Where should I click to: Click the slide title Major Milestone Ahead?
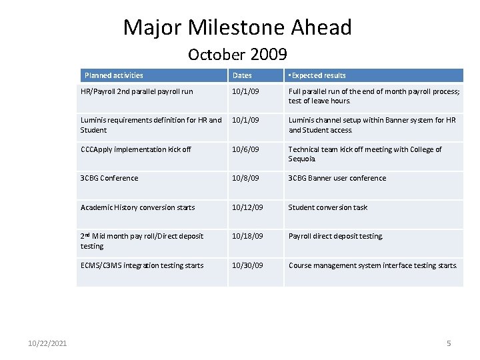[x=237, y=28]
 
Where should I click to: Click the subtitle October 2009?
[x=237, y=54]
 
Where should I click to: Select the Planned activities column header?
[x=113, y=76]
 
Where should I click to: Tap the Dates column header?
[x=242, y=76]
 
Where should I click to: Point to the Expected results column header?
[x=317, y=76]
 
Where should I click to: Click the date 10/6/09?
[x=245, y=149]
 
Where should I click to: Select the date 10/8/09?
[x=245, y=178]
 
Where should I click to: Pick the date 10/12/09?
[x=247, y=207]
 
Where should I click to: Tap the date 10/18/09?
[x=247, y=236]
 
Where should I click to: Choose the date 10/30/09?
[x=247, y=265]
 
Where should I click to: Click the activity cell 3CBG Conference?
[x=109, y=178]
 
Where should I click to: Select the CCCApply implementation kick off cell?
[x=136, y=149]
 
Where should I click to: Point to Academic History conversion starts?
[x=138, y=207]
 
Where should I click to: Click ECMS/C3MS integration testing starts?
[x=142, y=265]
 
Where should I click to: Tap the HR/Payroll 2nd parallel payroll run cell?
[x=137, y=91]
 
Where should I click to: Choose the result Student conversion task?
[x=327, y=207]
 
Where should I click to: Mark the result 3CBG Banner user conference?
[x=337, y=178]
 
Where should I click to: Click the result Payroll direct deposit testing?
[x=335, y=236]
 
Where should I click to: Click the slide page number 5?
[x=449, y=343]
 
